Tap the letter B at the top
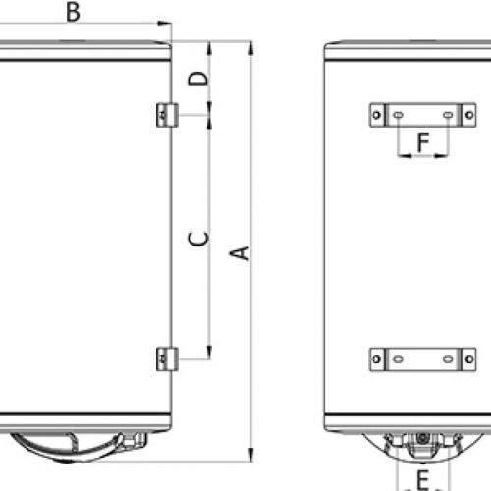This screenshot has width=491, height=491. [x=74, y=12]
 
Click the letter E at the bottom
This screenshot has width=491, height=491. [x=422, y=480]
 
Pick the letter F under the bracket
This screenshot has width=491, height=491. [x=422, y=142]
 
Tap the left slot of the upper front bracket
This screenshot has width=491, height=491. [x=398, y=115]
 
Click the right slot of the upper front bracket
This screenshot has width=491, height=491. [x=448, y=115]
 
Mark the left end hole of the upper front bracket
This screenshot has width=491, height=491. [x=375, y=115]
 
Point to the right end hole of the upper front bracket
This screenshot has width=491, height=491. [x=470, y=115]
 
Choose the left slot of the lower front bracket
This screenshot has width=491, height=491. [x=398, y=358]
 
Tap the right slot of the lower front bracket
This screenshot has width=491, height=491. [x=448, y=358]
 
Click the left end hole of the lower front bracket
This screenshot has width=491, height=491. [x=375, y=358]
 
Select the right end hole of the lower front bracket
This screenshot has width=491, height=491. [x=470, y=358]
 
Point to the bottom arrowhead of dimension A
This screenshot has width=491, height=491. [x=252, y=458]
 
